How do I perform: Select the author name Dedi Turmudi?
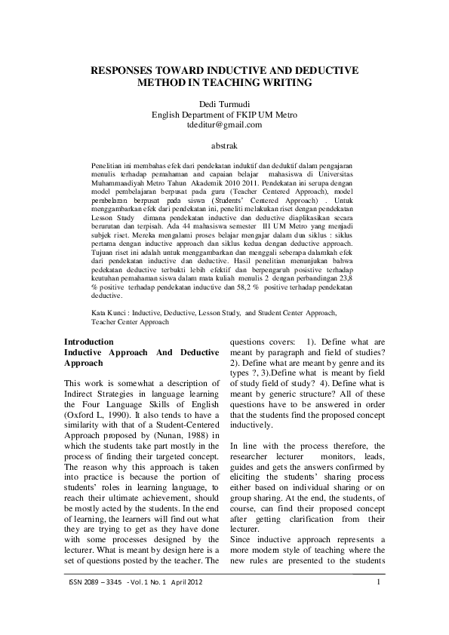pos(224,104)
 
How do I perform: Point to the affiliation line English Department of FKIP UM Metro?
pos(224,114)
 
